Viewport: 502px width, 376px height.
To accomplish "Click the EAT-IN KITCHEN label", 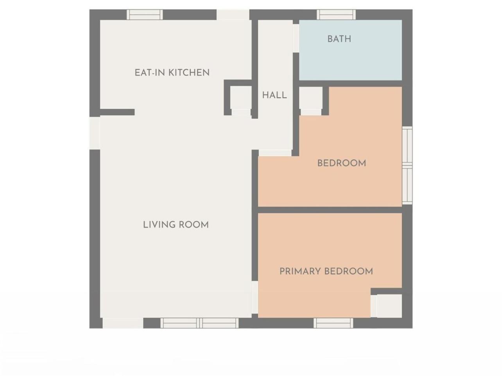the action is (x=172, y=73).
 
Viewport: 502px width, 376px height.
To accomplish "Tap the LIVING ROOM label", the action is (x=176, y=225).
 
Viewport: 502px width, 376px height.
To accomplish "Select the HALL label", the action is (x=274, y=95).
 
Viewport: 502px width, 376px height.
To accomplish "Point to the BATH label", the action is (x=339, y=39).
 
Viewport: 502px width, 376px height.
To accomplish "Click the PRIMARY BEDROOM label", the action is (x=326, y=271).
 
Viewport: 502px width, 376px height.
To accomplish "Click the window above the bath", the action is (x=336, y=14).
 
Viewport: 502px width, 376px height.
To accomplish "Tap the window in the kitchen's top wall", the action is (x=145, y=14).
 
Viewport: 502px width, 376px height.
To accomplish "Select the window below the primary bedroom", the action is (x=333, y=323).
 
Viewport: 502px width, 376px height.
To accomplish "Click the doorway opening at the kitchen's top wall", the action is (x=233, y=14).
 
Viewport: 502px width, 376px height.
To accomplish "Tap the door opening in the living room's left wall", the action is (x=95, y=133).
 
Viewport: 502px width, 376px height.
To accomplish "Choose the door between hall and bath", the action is (x=296, y=38).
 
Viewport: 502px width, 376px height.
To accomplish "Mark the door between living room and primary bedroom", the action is (x=255, y=297).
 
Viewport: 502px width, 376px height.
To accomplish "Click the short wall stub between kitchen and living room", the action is (x=117, y=112).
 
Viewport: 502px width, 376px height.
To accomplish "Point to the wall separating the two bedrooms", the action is (x=330, y=210).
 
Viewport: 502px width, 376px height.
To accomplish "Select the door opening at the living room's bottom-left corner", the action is (x=123, y=323).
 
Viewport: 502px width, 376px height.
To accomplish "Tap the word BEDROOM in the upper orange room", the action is (x=342, y=163).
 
